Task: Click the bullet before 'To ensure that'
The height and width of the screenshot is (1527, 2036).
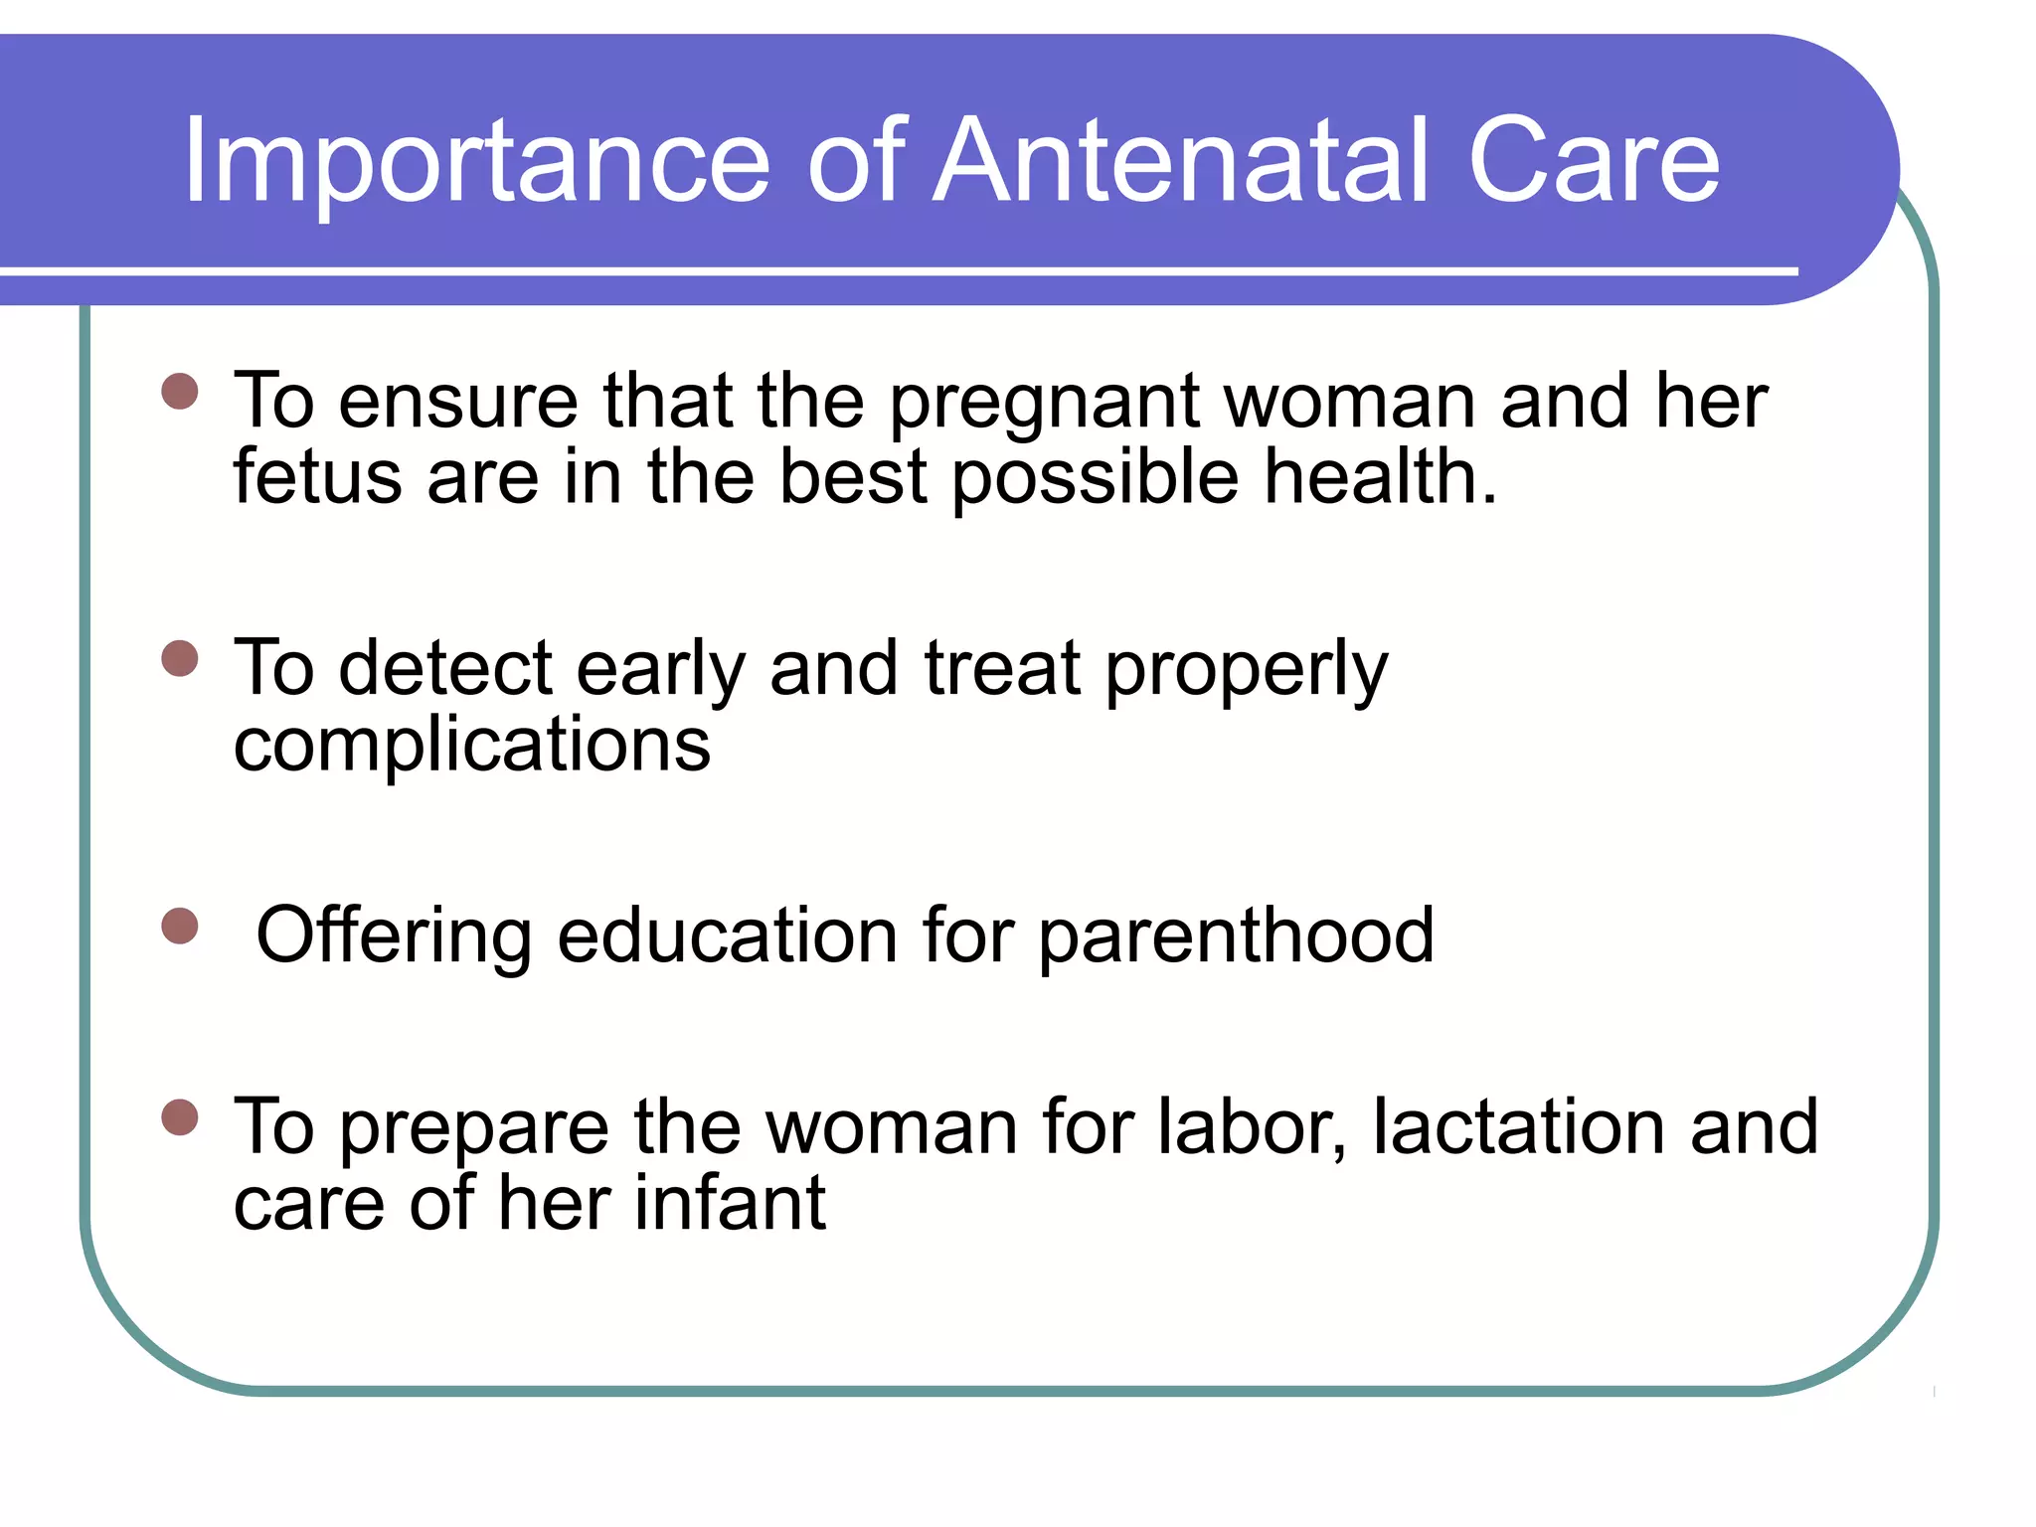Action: point(180,391)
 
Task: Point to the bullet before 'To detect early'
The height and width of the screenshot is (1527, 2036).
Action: point(180,658)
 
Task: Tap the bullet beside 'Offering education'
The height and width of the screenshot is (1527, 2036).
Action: point(180,926)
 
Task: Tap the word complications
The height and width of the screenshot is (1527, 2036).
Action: point(472,746)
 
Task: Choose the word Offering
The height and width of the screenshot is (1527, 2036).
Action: point(394,936)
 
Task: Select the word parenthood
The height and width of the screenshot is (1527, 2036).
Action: point(1236,936)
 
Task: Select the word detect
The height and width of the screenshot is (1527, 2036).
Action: point(444,668)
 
